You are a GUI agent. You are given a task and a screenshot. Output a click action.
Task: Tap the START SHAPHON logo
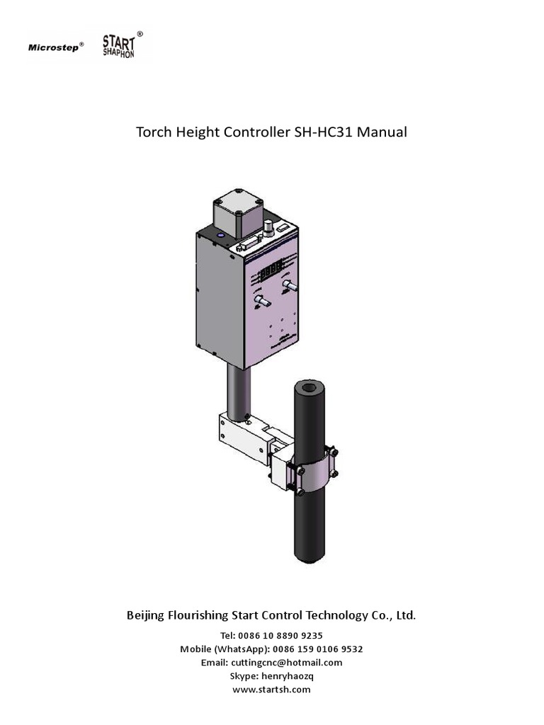[x=118, y=45]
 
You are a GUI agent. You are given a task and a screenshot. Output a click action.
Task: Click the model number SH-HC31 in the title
[x=324, y=132]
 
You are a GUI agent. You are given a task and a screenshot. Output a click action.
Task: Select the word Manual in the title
[x=382, y=132]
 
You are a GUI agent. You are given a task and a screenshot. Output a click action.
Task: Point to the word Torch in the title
[x=154, y=132]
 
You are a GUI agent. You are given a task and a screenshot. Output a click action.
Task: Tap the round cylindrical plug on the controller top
[x=268, y=228]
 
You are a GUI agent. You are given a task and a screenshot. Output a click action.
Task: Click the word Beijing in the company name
[x=145, y=615]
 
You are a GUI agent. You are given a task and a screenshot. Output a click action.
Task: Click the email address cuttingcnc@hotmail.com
[x=286, y=663]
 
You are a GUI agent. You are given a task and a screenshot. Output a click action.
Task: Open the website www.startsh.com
[x=271, y=690]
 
